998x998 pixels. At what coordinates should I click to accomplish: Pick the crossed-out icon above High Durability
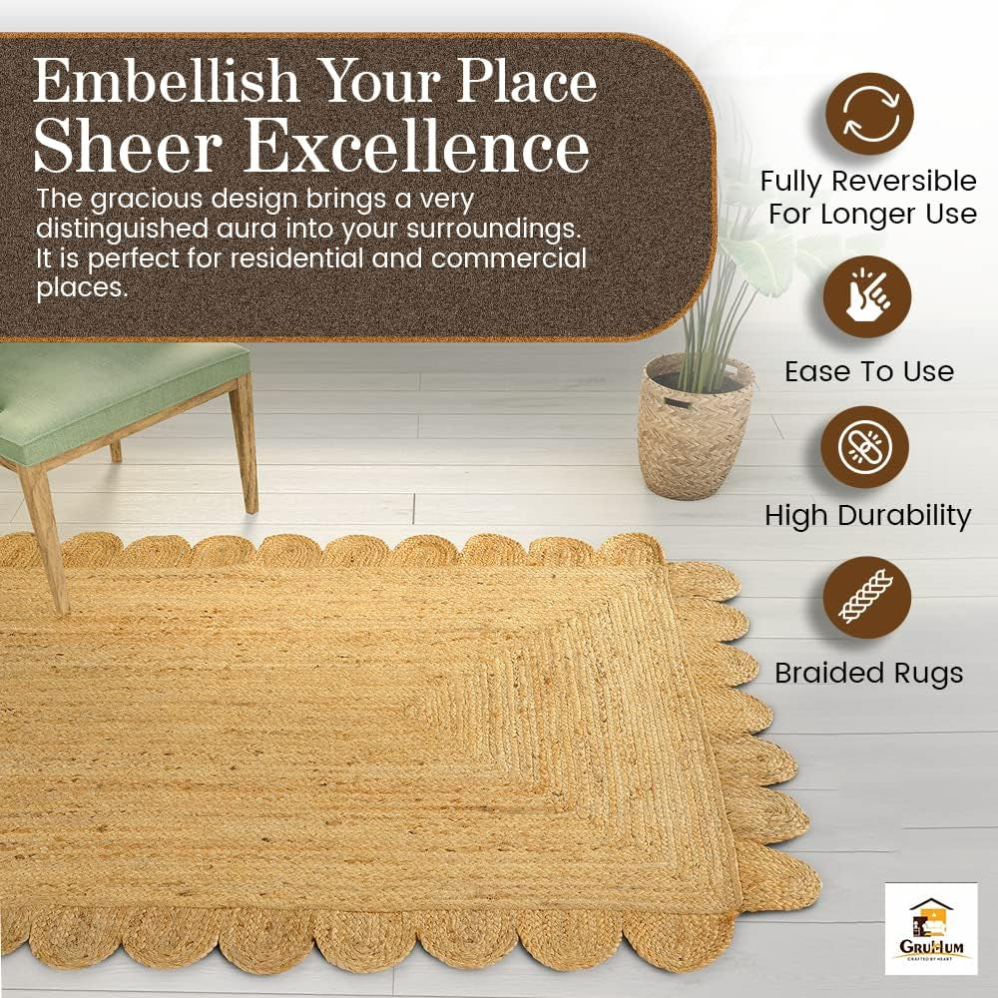tap(864, 447)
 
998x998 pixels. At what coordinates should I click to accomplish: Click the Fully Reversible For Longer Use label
tap(867, 197)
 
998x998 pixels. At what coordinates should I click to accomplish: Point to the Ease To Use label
tap(868, 372)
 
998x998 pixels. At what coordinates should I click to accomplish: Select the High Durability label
tap(867, 515)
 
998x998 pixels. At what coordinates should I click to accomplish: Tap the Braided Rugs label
tap(868, 673)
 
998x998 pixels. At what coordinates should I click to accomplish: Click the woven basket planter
tap(696, 429)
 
